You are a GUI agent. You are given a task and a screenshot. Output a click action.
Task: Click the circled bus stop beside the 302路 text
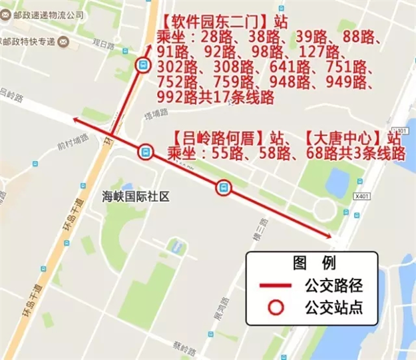tap(141, 65)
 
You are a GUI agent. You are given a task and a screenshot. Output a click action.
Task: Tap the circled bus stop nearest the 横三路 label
tap(224, 188)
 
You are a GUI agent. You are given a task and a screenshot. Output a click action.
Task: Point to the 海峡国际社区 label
tap(136, 196)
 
